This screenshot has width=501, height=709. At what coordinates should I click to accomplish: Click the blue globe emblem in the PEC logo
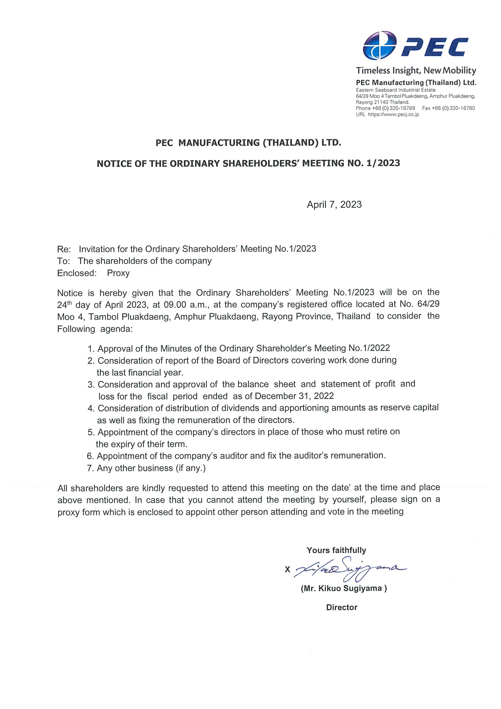[379, 45]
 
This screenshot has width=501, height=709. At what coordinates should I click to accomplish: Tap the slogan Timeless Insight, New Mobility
[416, 70]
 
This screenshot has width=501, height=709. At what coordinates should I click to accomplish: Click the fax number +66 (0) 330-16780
[449, 108]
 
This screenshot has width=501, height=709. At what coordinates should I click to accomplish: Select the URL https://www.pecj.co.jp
[393, 114]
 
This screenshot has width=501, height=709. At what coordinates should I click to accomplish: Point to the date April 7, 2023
[334, 205]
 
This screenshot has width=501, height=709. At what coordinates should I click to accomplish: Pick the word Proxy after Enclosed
[118, 273]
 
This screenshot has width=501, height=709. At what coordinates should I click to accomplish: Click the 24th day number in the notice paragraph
[64, 305]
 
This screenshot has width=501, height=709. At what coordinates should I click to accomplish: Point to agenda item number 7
[90, 468]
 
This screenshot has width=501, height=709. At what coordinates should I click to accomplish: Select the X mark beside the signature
[287, 570]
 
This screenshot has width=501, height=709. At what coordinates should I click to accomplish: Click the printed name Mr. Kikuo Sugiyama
[343, 588]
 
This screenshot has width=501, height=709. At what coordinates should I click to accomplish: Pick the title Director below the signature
[341, 607]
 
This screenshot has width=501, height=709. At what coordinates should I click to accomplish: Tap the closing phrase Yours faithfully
[336, 550]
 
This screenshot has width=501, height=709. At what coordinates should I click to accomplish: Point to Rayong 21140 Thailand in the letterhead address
[383, 102]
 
